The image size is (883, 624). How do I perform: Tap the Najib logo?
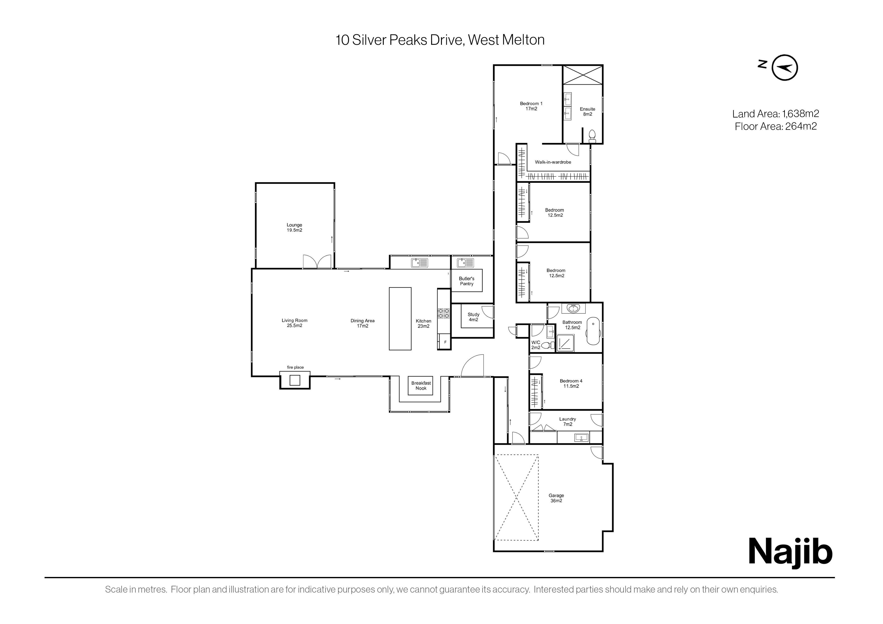[790, 553]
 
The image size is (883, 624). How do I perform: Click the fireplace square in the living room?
[295, 380]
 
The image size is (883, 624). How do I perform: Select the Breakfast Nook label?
[421, 386]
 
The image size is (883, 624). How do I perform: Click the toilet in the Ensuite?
[592, 136]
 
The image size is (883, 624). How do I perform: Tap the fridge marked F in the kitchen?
[445, 342]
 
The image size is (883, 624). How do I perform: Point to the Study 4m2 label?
[473, 317]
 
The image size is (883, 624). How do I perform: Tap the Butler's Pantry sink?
[465, 263]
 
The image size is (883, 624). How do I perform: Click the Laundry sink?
[581, 438]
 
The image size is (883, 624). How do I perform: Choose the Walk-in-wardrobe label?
[553, 162]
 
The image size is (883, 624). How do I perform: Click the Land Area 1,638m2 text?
[776, 114]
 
